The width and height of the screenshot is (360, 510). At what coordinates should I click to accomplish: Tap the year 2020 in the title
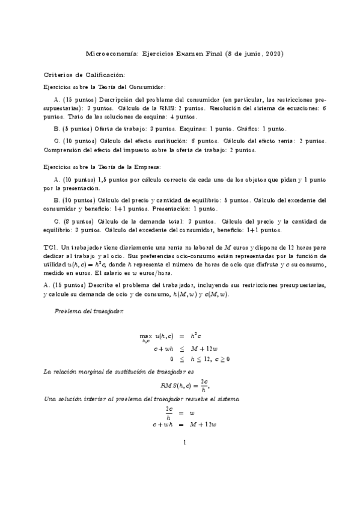274,54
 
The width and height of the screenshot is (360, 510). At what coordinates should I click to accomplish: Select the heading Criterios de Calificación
85,75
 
